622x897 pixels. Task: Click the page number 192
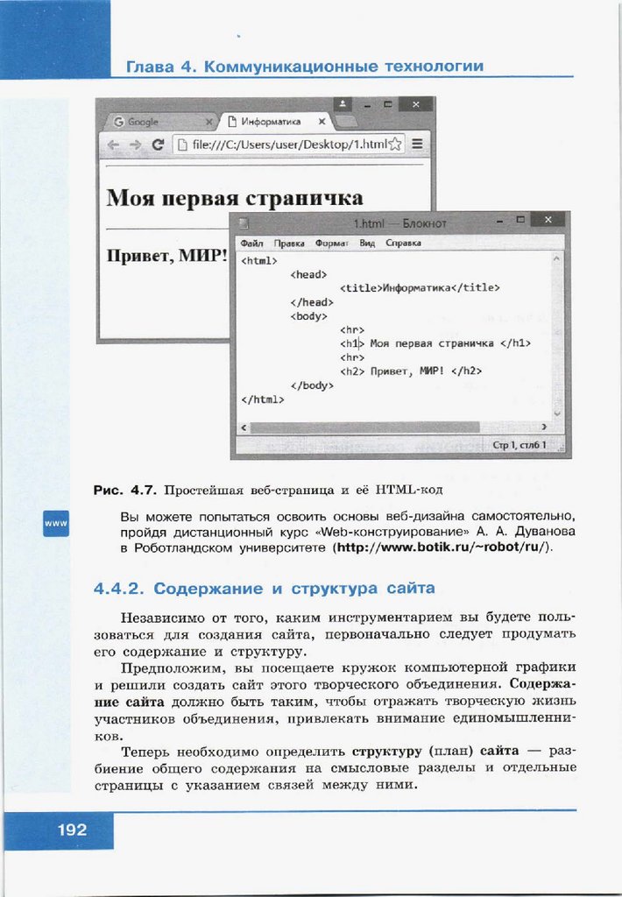[x=73, y=829]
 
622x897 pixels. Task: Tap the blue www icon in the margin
[x=56, y=523]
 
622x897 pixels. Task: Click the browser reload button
[x=158, y=145]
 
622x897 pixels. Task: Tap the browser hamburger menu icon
[x=418, y=145]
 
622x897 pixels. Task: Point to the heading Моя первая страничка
[x=234, y=196]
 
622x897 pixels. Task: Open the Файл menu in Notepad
[x=251, y=243]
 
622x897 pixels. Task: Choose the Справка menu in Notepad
[x=403, y=243]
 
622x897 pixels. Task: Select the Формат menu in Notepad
[x=332, y=243]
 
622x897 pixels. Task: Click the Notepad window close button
[x=548, y=220]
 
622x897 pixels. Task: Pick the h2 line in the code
[x=411, y=371]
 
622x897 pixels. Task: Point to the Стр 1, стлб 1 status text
[x=519, y=445]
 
